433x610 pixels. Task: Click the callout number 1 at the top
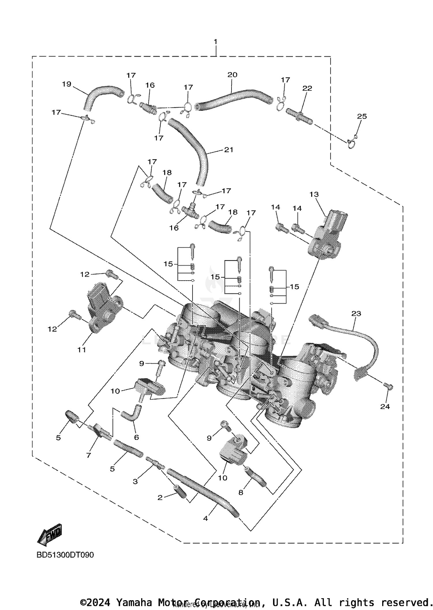(x=215, y=42)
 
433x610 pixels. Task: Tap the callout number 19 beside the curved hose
(x=66, y=84)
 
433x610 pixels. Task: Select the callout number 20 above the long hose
(x=232, y=75)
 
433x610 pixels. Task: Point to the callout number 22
(x=307, y=88)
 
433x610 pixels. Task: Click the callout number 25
(x=362, y=116)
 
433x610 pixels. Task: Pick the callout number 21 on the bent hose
(x=229, y=150)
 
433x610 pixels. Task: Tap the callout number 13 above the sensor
(x=314, y=194)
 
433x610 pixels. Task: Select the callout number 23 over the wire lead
(x=356, y=314)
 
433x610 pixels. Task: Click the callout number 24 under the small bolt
(x=385, y=407)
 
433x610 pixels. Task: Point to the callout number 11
(x=81, y=350)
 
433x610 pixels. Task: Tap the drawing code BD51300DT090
(x=65, y=555)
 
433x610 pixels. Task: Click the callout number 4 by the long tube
(x=205, y=519)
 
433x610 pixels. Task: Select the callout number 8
(x=241, y=493)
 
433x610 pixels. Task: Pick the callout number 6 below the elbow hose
(x=136, y=438)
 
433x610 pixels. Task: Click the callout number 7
(x=88, y=455)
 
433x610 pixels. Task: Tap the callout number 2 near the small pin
(x=160, y=497)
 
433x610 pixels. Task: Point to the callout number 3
(x=135, y=481)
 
